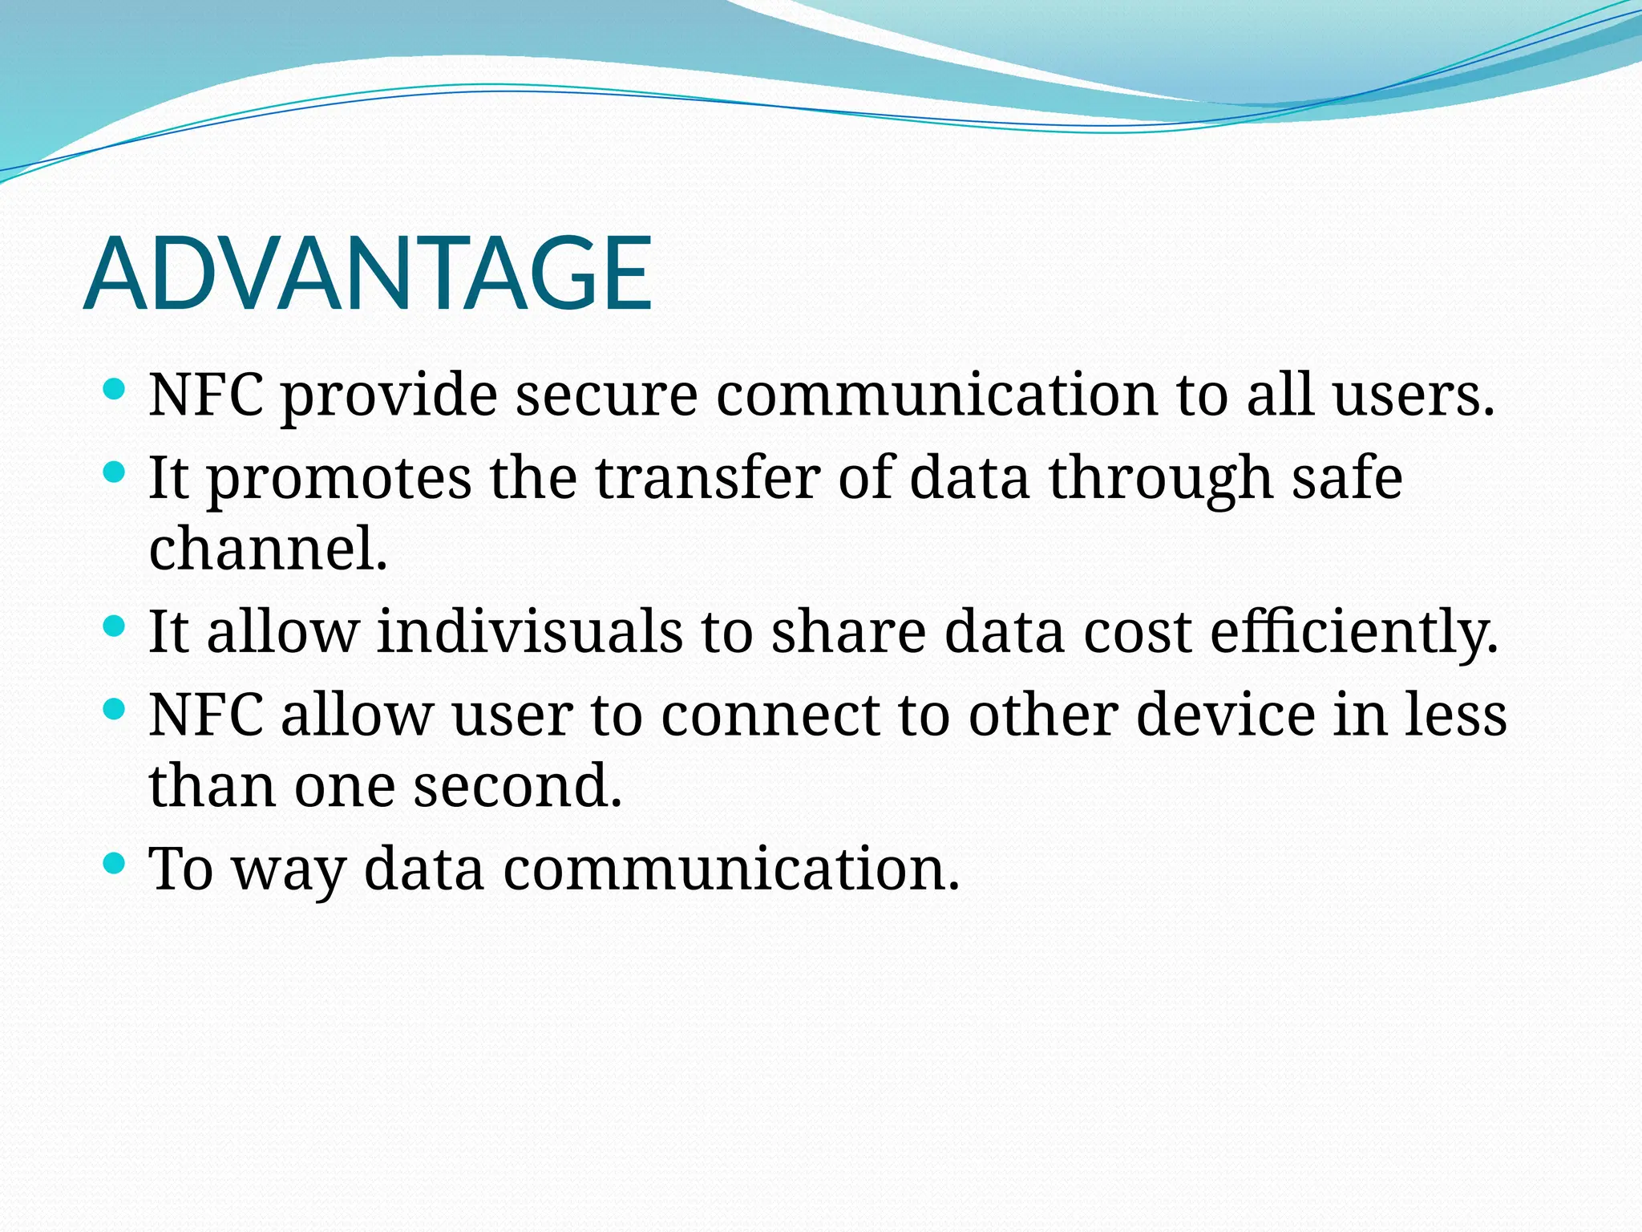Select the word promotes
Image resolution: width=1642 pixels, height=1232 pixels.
coord(339,479)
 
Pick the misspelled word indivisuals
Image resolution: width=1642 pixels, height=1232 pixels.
coord(529,631)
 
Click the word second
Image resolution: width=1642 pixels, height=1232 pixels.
coord(517,786)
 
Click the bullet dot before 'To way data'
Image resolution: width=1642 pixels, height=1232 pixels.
coord(115,863)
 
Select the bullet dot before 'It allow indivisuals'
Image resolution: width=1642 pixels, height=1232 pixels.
coord(115,626)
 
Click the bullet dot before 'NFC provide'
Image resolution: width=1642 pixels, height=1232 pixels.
coord(115,390)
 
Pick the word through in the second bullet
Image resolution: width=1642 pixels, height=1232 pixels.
coord(1160,479)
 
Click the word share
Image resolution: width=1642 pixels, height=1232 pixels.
coord(848,631)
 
